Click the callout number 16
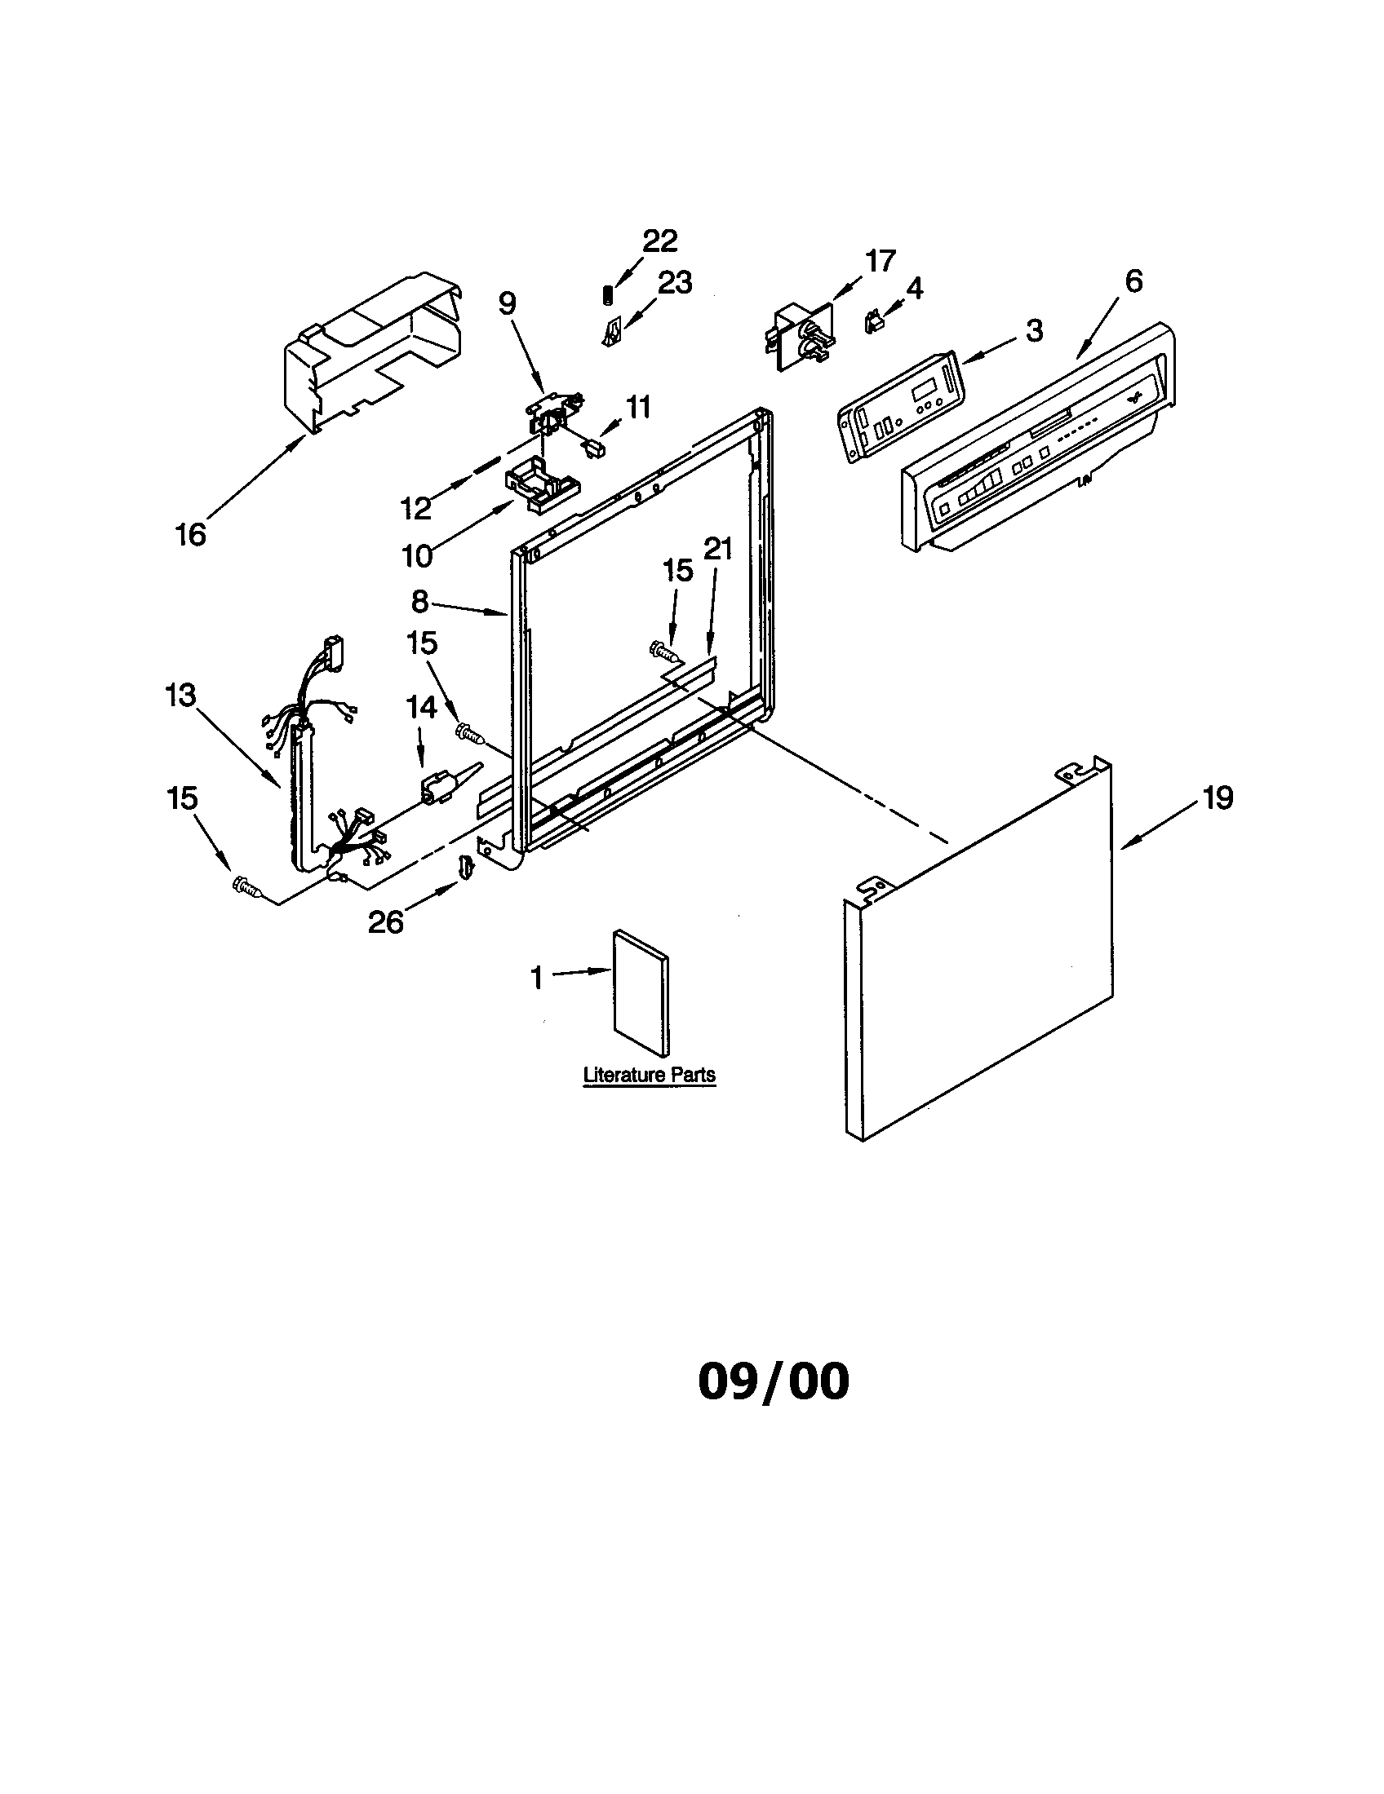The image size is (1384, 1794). pos(190,535)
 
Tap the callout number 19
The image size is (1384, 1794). pos(1218,798)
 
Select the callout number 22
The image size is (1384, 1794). pos(659,241)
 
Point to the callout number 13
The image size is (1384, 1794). pos(180,696)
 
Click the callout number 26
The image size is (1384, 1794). pos(385,922)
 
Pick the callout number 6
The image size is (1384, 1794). pos(1133,281)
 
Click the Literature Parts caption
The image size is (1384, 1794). pos(649,1075)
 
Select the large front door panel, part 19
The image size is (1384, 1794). pos(978,952)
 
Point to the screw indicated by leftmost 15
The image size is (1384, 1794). pos(246,887)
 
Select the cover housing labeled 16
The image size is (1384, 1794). pos(370,353)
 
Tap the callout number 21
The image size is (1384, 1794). pos(718,549)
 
